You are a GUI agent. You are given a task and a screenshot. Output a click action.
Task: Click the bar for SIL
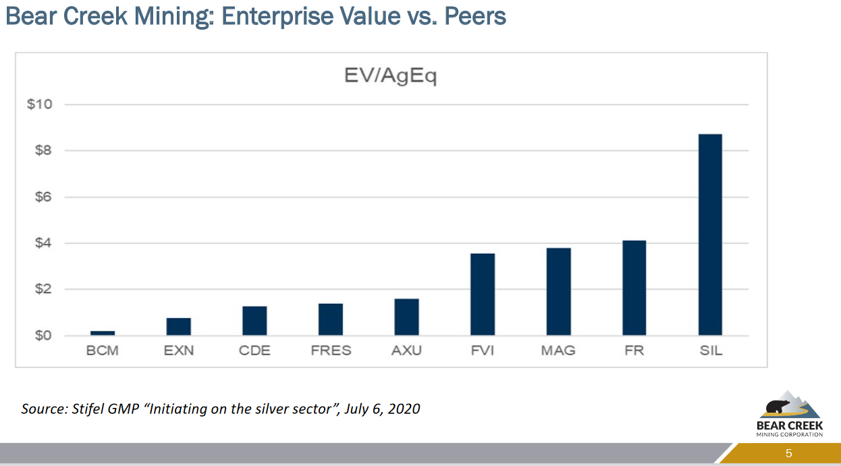click(x=710, y=234)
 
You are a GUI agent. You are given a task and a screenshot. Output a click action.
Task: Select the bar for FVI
click(x=483, y=294)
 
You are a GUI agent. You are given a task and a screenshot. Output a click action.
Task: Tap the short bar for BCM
click(x=103, y=333)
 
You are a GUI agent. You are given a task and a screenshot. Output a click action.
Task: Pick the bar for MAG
click(x=558, y=292)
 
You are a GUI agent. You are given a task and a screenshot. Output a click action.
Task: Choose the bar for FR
click(x=634, y=288)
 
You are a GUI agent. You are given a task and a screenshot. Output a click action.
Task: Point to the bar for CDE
click(x=254, y=321)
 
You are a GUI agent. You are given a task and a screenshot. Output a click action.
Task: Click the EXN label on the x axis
click(x=179, y=351)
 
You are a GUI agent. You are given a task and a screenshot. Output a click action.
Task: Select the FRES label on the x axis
click(x=331, y=351)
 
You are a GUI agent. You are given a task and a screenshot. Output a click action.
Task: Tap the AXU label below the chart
click(x=406, y=351)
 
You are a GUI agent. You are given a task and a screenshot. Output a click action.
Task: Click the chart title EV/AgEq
click(x=390, y=76)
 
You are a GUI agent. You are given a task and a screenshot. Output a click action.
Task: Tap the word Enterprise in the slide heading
click(x=279, y=15)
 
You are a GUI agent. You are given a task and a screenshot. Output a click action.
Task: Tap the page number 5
click(x=788, y=453)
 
